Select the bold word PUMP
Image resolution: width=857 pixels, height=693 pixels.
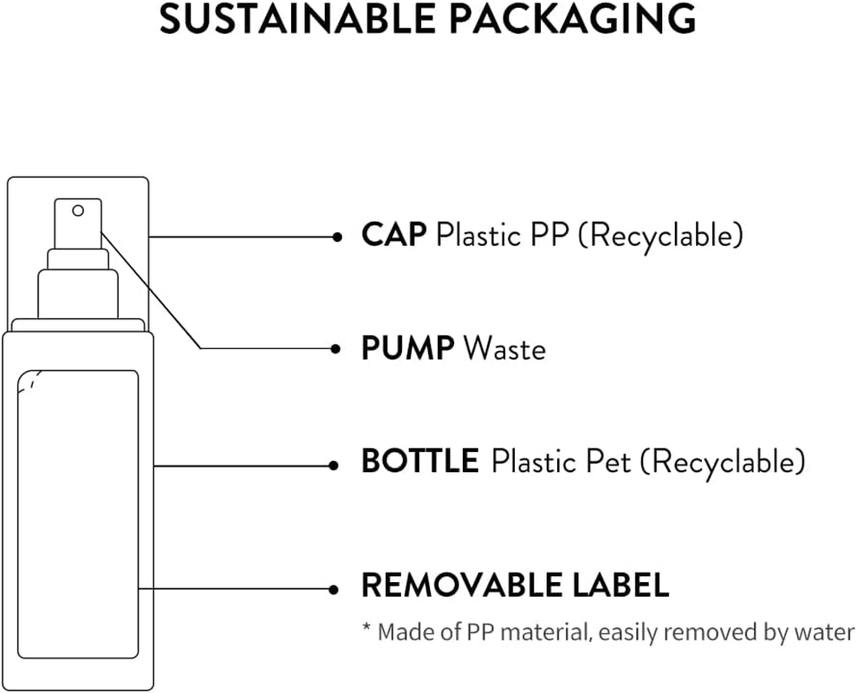[407, 348]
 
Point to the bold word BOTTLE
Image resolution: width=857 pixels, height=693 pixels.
[419, 462]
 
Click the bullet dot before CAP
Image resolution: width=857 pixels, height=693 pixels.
[336, 236]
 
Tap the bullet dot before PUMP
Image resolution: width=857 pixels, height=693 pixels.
[336, 348]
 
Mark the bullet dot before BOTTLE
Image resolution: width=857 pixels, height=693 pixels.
[334, 465]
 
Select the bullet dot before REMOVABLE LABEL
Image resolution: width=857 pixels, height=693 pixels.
[334, 589]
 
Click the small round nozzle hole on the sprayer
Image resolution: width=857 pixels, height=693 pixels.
[78, 210]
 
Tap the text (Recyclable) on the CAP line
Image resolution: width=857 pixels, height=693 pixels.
[660, 234]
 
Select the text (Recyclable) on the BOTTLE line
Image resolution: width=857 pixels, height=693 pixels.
[722, 462]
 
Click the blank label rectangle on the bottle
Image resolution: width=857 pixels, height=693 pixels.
[78, 511]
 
